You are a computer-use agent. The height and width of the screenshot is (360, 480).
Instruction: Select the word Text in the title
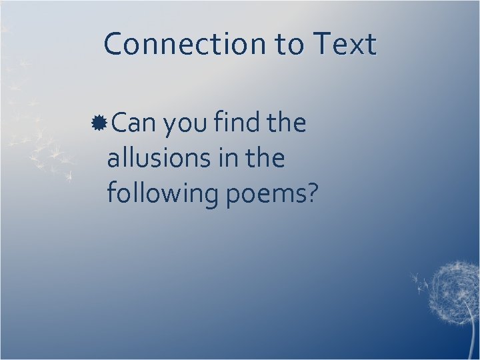(x=343, y=45)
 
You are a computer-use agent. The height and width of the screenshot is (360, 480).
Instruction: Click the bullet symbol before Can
(x=101, y=123)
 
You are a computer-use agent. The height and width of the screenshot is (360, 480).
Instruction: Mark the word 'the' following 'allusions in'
(x=266, y=159)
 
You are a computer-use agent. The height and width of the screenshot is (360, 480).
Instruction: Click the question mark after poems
(x=311, y=193)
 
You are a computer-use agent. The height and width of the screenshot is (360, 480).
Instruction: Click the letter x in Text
(x=355, y=47)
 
